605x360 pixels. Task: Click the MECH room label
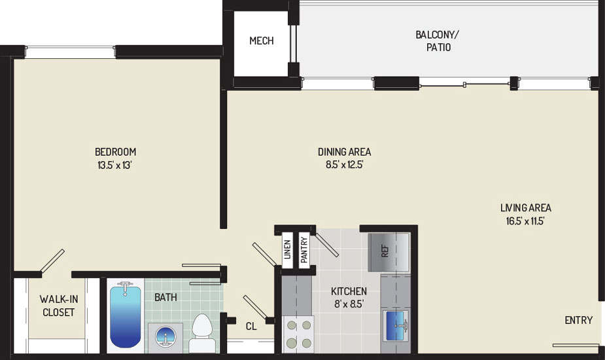point(261,41)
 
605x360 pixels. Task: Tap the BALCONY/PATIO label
point(433,41)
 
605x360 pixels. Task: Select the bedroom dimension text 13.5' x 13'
point(116,165)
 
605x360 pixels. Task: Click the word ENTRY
point(578,320)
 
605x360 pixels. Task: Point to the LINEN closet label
point(287,249)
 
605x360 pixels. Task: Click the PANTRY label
point(304,249)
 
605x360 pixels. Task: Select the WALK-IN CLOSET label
point(58,306)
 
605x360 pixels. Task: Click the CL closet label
point(251,325)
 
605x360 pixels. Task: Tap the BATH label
point(165,297)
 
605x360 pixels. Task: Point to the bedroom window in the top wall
point(71,51)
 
